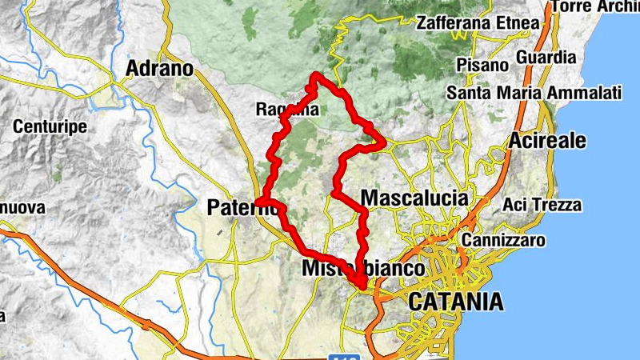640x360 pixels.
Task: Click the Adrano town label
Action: [x=160, y=69]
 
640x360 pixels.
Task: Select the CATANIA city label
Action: [x=456, y=302]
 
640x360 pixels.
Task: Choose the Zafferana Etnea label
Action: [x=478, y=22]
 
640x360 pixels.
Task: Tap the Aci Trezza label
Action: [x=542, y=205]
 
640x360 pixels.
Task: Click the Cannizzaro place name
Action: [x=503, y=240]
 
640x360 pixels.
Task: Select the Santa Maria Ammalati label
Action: [x=534, y=93]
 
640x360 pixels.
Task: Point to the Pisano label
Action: [x=482, y=64]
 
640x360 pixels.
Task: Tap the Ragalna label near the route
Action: [x=287, y=109]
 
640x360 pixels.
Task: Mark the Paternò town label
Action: [x=242, y=208]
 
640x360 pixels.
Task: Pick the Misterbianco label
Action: [x=363, y=269]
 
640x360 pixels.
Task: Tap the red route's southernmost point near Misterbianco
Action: [x=362, y=286]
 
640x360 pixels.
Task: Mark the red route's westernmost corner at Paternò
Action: [x=258, y=200]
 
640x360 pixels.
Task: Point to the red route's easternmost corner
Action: [x=385, y=144]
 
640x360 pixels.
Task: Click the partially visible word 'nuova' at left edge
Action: [x=22, y=208]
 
